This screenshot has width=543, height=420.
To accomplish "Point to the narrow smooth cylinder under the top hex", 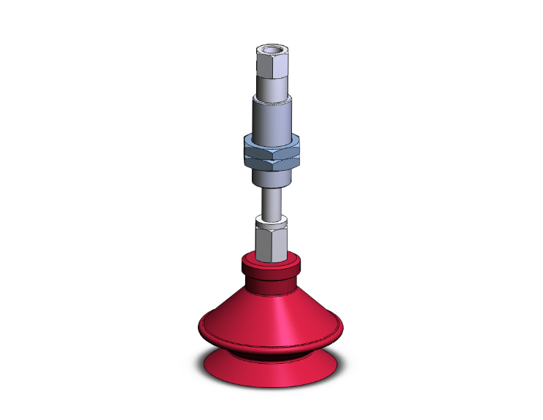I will [271, 86].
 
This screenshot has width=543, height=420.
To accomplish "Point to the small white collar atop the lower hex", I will [271, 220].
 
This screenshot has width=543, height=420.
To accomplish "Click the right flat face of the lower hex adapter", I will [279, 241].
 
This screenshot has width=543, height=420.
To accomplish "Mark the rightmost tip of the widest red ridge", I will [342, 329].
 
